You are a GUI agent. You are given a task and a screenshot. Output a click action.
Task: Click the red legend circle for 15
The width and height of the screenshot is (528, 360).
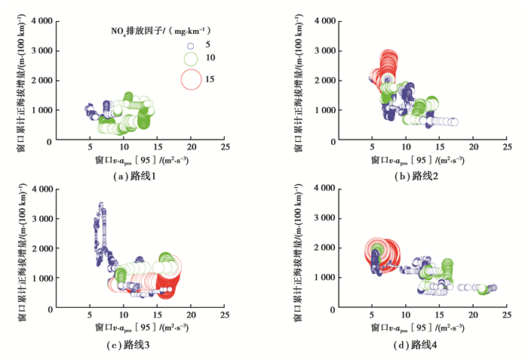coord(192,78)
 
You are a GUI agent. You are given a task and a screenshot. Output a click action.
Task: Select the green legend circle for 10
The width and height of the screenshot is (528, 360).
coord(191,58)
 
